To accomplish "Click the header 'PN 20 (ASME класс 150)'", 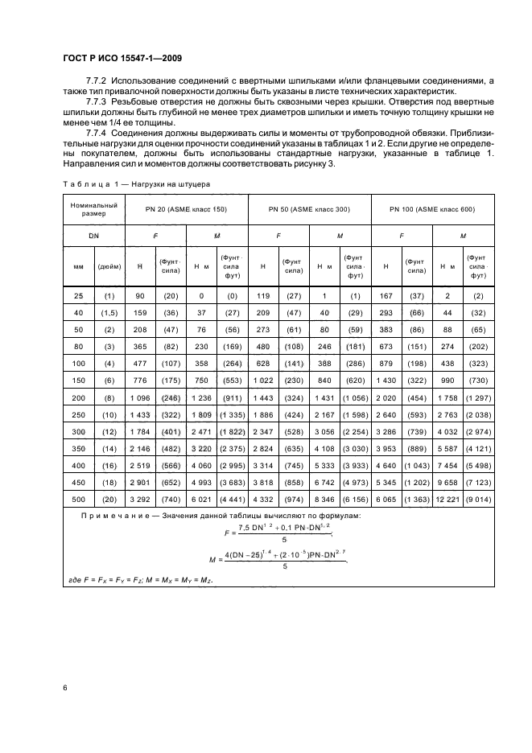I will pyautogui.click(x=186, y=209).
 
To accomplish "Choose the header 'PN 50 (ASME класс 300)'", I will pyautogui.click(x=310, y=209).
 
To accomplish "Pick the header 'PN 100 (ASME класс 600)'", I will pyautogui.click(x=432, y=209).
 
